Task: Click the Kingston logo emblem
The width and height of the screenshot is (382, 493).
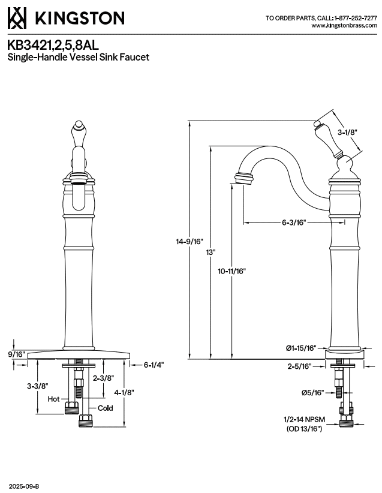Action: (x=17, y=18)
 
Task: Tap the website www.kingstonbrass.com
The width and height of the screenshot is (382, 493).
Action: (x=344, y=25)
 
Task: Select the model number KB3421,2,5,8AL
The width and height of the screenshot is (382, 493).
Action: (x=53, y=45)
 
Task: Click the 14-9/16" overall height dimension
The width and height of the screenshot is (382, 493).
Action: (x=190, y=242)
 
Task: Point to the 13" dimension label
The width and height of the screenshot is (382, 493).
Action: (x=210, y=252)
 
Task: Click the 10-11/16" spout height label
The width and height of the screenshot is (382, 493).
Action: (x=231, y=271)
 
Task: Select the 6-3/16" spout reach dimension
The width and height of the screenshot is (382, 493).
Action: (x=294, y=223)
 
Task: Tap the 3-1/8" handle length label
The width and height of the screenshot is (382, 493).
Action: (x=348, y=133)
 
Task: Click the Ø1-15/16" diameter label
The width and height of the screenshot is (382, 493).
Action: (x=301, y=348)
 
